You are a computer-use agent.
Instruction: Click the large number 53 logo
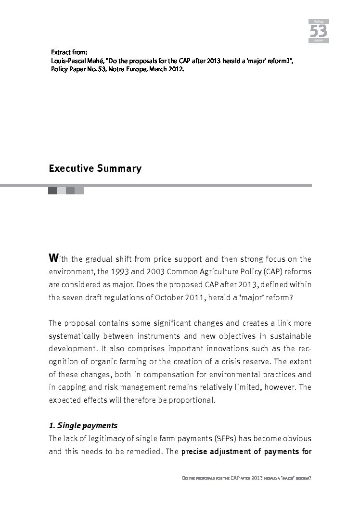click(x=318, y=31)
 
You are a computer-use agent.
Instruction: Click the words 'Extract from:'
click(x=69, y=51)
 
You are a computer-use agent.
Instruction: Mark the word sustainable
click(x=293, y=335)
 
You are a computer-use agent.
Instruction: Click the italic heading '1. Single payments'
click(x=83, y=426)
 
